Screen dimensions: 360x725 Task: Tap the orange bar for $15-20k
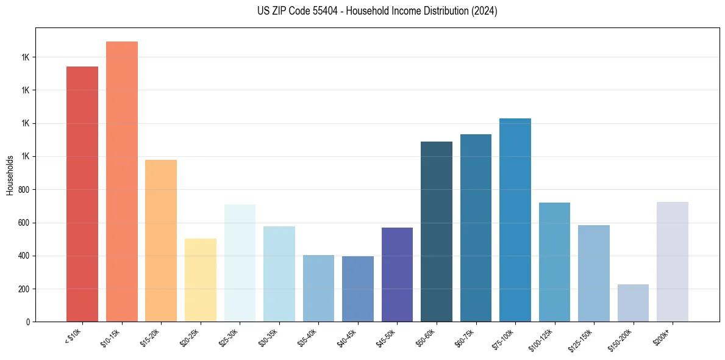[x=161, y=241]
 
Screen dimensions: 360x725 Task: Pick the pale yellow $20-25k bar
[x=200, y=280]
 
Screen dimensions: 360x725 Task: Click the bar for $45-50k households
[x=397, y=275]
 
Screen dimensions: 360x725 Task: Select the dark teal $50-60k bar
[x=437, y=232]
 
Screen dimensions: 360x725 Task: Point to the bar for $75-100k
[x=515, y=220]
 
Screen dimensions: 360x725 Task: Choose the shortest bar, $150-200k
[x=633, y=303]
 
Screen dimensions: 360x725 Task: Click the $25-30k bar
[x=240, y=263]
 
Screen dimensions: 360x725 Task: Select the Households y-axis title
[x=10, y=175]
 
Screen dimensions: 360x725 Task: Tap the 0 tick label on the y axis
[x=28, y=322]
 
